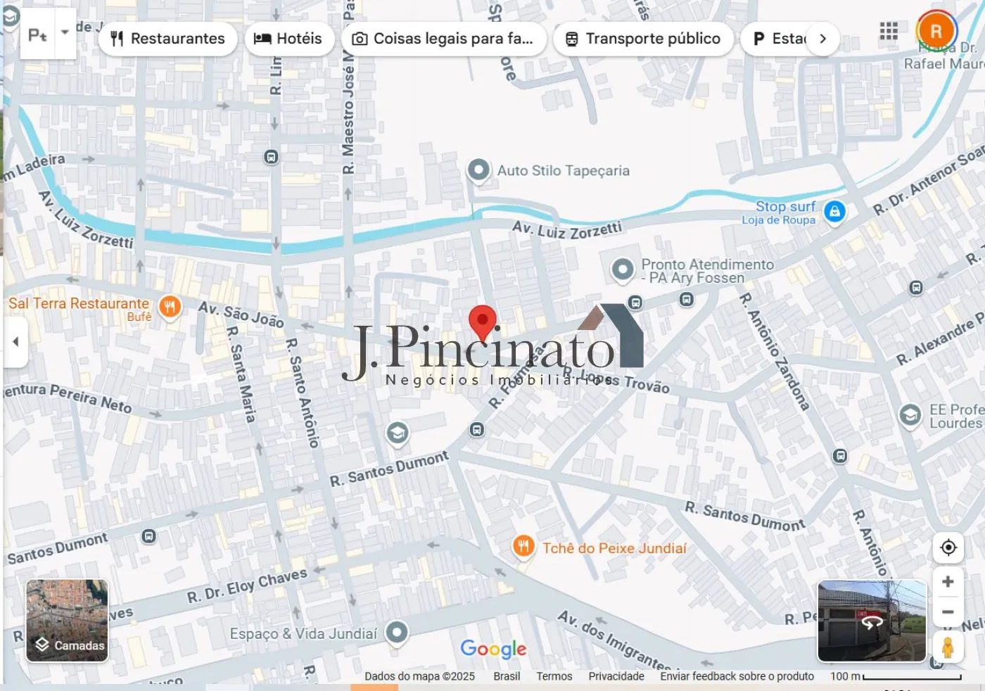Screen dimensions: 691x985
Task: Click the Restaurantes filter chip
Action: click(x=167, y=39)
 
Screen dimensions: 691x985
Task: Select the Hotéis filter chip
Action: click(x=288, y=39)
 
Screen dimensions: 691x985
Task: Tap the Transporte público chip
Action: click(x=643, y=39)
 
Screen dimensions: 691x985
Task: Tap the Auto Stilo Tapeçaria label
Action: click(x=563, y=171)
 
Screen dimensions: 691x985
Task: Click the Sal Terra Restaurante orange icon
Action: click(x=170, y=307)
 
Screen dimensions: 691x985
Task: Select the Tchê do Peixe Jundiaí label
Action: click(x=614, y=548)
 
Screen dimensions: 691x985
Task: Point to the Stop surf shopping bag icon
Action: click(x=834, y=211)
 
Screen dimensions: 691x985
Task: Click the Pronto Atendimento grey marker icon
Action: click(x=623, y=270)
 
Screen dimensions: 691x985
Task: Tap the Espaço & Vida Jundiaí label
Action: click(x=303, y=634)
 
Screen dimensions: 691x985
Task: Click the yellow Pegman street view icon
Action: click(x=948, y=647)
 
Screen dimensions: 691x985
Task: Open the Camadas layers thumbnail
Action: click(x=68, y=621)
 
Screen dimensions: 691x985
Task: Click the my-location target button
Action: click(x=948, y=547)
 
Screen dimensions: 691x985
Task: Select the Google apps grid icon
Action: click(x=889, y=31)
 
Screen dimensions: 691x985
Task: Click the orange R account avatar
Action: click(x=936, y=31)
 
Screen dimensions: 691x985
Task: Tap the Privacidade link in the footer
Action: click(x=616, y=676)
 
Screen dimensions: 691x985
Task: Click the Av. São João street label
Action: click(x=241, y=314)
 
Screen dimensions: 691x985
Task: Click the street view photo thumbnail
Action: click(x=872, y=621)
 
